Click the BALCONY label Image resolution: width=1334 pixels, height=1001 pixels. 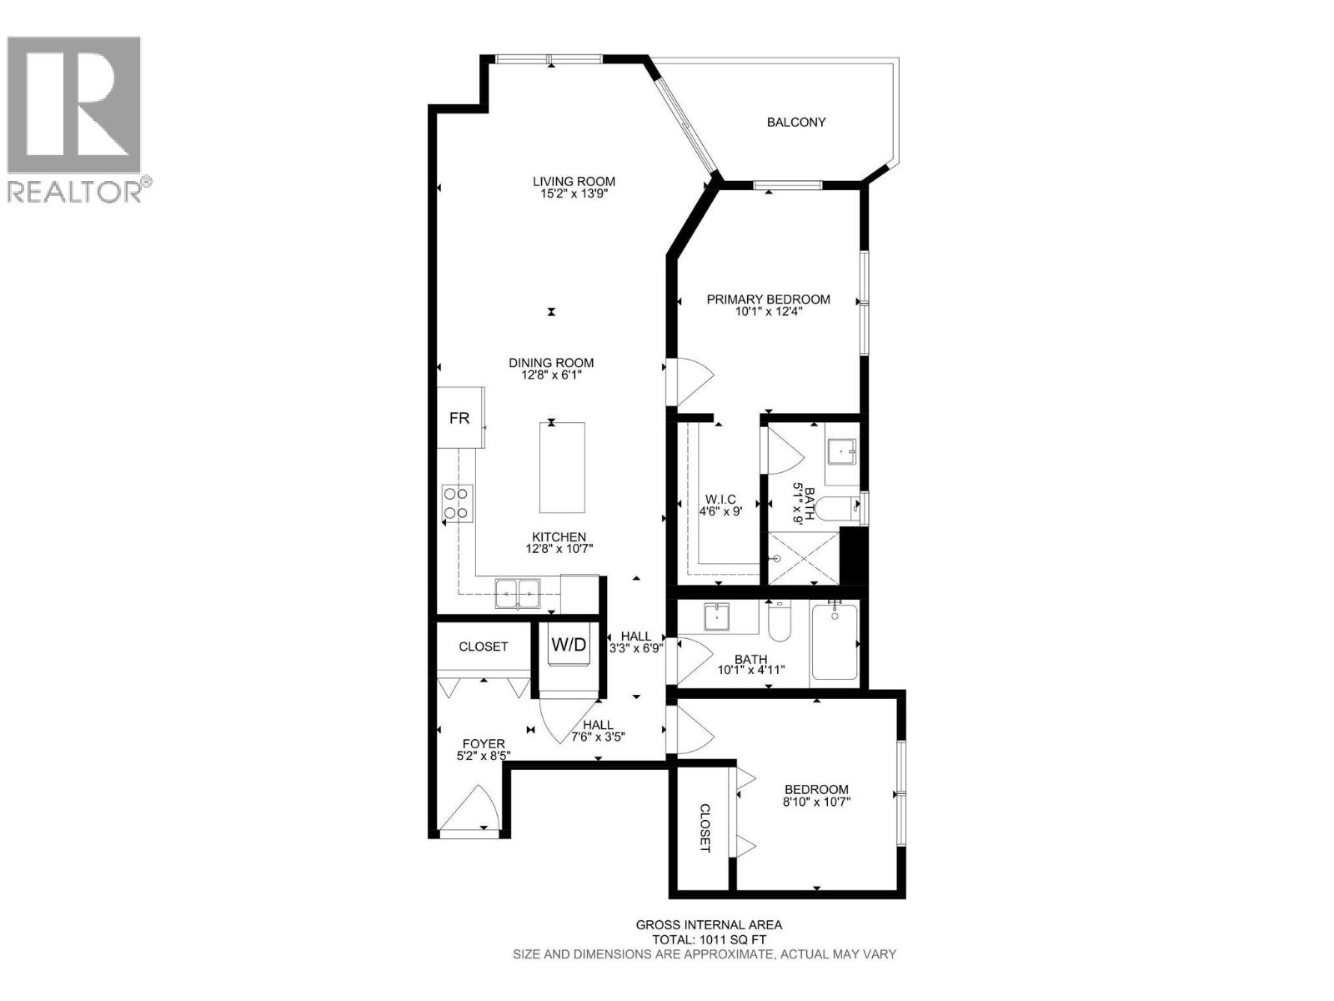click(796, 122)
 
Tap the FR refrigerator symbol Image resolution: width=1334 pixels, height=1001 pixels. click(459, 418)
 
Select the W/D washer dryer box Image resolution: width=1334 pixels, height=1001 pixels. click(568, 645)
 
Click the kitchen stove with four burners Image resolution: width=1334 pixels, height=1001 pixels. click(458, 503)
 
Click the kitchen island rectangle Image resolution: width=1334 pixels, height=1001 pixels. click(562, 467)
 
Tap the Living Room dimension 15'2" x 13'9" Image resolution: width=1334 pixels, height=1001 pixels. click(574, 194)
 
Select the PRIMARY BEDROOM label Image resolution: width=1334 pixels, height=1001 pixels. click(768, 299)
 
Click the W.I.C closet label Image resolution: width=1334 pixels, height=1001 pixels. click(720, 499)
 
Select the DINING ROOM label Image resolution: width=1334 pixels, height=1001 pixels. click(551, 363)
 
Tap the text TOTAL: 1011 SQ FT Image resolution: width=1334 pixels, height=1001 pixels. click(709, 939)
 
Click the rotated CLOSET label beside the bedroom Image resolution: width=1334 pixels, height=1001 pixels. click(705, 827)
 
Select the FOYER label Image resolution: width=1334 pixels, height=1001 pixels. click(484, 744)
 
